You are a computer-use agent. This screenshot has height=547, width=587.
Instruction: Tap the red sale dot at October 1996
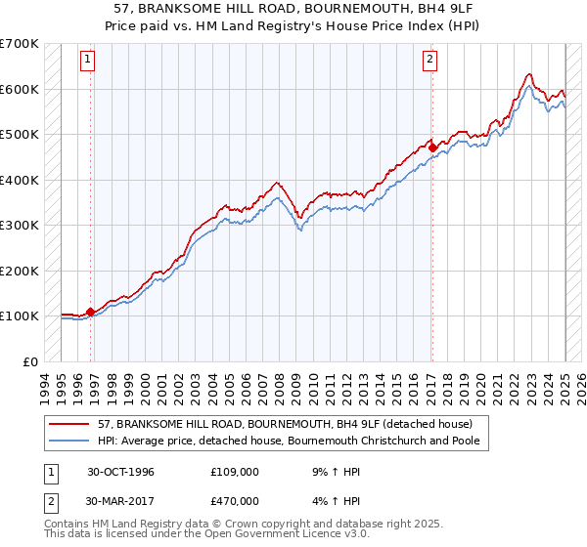(91, 313)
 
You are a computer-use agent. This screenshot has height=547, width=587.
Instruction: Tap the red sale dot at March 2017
(432, 148)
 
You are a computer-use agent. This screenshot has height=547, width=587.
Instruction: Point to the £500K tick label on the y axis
(19, 135)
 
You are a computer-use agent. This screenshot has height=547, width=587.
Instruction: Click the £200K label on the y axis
(19, 271)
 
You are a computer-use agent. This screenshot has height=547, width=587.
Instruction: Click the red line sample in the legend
(69, 424)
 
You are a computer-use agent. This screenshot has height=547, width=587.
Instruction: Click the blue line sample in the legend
(69, 442)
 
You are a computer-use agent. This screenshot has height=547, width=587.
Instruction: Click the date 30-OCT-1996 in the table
(120, 472)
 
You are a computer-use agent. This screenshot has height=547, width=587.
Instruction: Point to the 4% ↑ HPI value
(332, 501)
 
